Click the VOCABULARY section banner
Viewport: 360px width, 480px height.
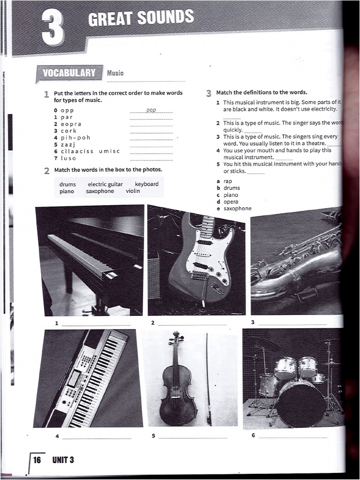(69, 73)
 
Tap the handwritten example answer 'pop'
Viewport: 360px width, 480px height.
(151, 110)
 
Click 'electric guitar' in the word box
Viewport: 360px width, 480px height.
(105, 184)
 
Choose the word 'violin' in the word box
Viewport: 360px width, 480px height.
(133, 191)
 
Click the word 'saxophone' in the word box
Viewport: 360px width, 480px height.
(100, 191)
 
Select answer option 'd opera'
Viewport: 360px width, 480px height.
(231, 202)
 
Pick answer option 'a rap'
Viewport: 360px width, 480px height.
(227, 181)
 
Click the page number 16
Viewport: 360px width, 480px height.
(37, 459)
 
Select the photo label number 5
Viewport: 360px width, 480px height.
(153, 436)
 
